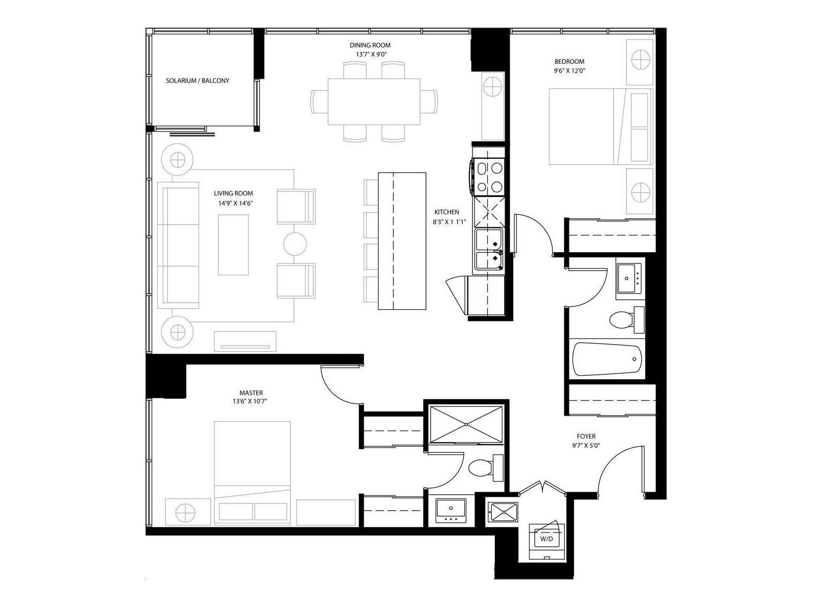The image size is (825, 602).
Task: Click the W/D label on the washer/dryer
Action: point(546,539)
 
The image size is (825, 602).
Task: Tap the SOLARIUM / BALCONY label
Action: point(197,80)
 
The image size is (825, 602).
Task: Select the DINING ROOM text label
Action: point(370,45)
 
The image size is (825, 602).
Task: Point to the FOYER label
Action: point(586,436)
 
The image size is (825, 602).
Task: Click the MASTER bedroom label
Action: point(251,393)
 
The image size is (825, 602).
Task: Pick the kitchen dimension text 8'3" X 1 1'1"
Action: point(449,222)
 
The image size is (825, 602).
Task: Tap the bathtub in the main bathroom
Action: point(607,359)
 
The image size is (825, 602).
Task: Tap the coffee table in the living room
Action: point(233,245)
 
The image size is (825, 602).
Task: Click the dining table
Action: point(374,102)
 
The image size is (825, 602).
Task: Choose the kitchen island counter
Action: point(402,241)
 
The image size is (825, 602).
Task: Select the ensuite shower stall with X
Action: point(466,424)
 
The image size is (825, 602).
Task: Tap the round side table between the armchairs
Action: point(295,244)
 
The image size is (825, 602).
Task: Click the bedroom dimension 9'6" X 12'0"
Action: point(569,71)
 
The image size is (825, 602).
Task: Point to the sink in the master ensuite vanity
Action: point(451,511)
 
